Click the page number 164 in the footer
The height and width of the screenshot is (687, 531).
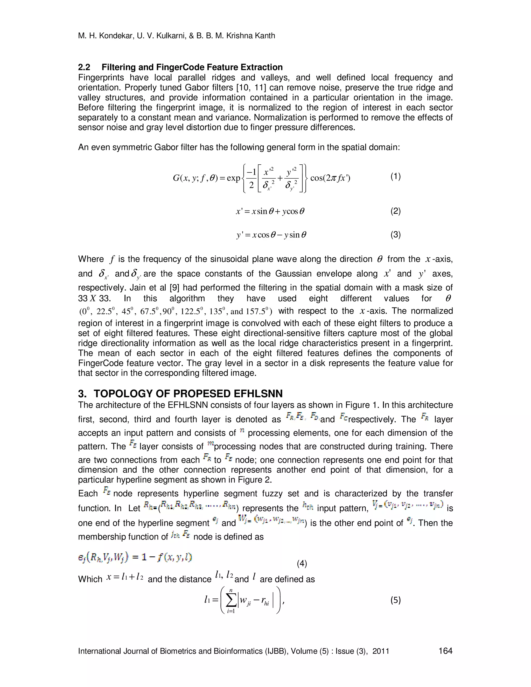coord(445,651)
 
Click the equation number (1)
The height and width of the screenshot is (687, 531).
coord(395,177)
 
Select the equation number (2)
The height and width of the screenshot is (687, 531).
coord(395,211)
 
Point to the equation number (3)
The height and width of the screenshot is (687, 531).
coord(395,235)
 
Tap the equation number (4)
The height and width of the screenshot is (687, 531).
coord(302,564)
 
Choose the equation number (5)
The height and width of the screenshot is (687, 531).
coord(395,600)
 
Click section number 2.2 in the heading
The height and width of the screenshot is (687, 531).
coord(84,67)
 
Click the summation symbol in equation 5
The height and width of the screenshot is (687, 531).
coord(231,601)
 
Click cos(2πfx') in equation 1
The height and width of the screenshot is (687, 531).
coord(330,178)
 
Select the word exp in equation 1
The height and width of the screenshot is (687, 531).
coord(233,178)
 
